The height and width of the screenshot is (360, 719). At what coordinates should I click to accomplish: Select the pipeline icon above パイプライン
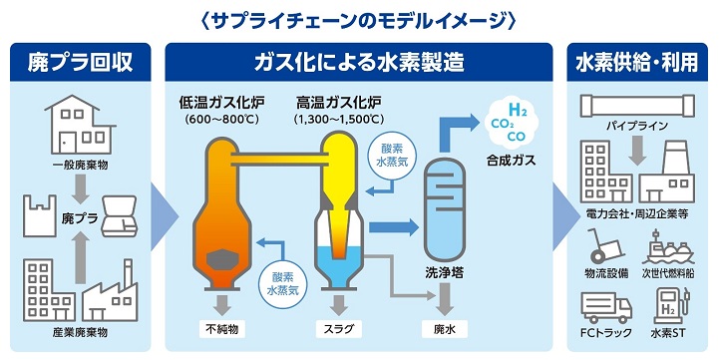636,105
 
